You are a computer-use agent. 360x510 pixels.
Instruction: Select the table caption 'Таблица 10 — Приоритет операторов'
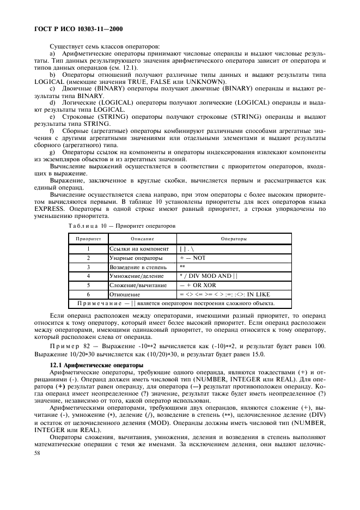(x=121, y=224)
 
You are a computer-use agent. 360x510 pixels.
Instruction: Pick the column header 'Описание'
(x=142, y=239)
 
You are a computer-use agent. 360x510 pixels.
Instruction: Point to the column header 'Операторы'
(x=234, y=239)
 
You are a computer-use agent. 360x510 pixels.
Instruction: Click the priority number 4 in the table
(x=88, y=276)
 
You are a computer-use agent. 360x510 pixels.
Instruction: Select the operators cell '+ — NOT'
(x=192, y=258)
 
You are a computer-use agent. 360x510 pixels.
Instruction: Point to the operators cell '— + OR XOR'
(x=198, y=285)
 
